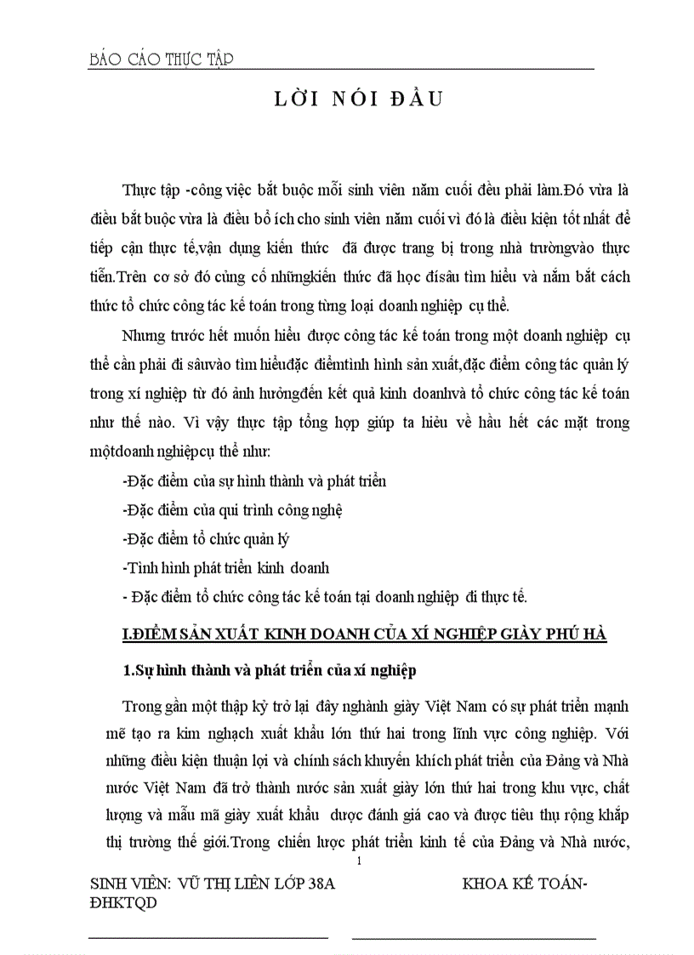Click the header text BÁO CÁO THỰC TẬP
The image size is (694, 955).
[x=161, y=59]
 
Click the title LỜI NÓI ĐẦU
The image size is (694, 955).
[x=357, y=99]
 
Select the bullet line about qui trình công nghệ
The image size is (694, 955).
[x=233, y=510]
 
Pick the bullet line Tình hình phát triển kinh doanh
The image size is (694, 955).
[x=226, y=567]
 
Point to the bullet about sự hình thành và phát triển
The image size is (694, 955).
[x=254, y=481]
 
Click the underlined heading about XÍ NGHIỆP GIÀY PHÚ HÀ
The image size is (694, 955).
[x=364, y=634]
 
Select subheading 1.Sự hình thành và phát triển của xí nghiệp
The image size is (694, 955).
[x=270, y=671]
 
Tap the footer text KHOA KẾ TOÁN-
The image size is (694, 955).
[x=525, y=884]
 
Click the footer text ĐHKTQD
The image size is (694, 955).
[x=123, y=903]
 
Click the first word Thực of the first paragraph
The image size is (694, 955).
[x=139, y=188]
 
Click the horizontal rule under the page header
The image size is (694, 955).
[x=340, y=70]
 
